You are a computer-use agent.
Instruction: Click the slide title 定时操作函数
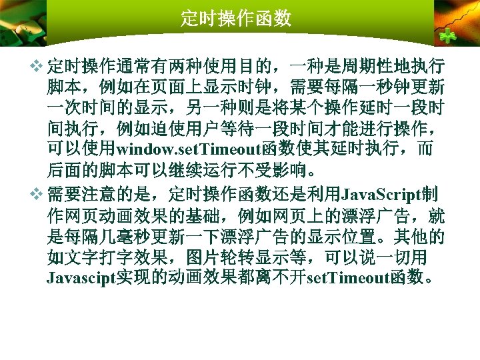(236, 18)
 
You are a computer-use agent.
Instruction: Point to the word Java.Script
(379, 195)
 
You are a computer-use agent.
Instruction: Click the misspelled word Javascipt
(81, 277)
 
